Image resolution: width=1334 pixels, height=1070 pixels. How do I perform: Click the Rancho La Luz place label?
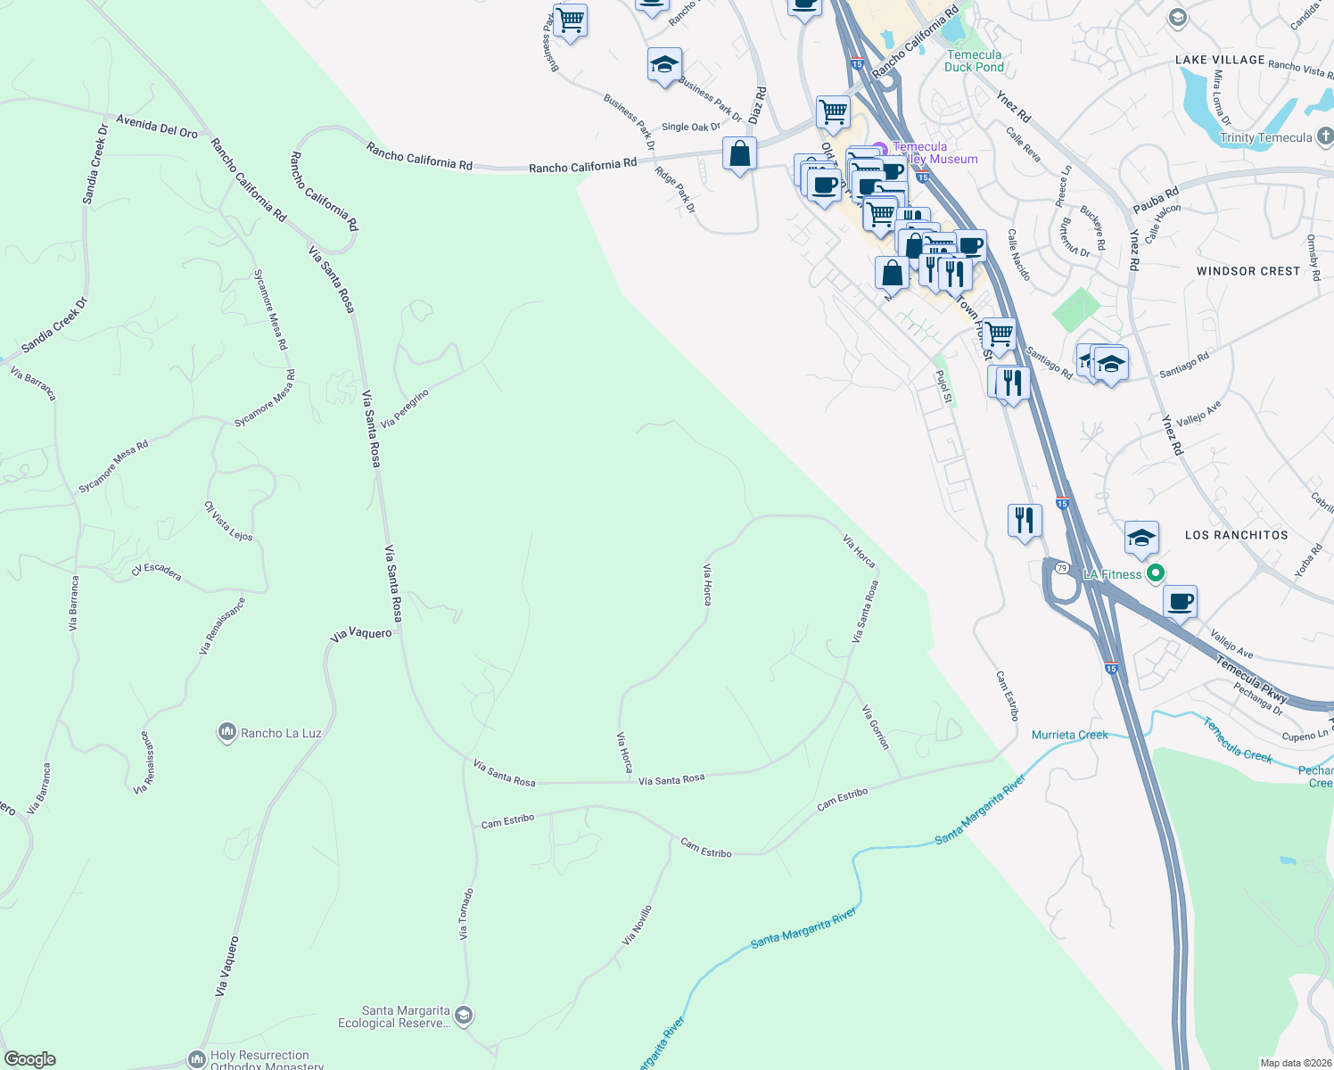pyautogui.click(x=280, y=733)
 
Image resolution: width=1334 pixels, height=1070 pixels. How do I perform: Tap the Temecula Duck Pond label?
pyautogui.click(x=974, y=61)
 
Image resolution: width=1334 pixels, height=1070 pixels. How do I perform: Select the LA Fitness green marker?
pyautogui.click(x=1156, y=573)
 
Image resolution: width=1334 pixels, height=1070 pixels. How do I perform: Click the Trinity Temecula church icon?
pyautogui.click(x=1324, y=136)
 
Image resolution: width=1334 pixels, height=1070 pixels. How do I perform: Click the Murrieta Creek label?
pyautogui.click(x=1069, y=735)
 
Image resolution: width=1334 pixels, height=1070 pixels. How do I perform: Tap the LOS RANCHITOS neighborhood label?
pyautogui.click(x=1236, y=535)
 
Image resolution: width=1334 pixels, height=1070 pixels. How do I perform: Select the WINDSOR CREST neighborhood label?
pyautogui.click(x=1248, y=271)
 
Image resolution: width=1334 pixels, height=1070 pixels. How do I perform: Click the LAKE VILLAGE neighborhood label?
pyautogui.click(x=1220, y=60)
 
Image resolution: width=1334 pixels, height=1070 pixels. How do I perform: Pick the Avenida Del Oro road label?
pyautogui.click(x=157, y=127)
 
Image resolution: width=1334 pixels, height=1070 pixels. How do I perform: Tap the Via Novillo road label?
pyautogui.click(x=637, y=925)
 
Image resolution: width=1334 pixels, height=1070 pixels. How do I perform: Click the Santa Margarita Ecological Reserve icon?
pyautogui.click(x=463, y=1015)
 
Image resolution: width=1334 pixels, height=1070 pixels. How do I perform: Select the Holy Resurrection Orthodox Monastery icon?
pyautogui.click(x=196, y=1058)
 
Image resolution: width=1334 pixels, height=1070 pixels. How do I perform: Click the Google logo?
pyautogui.click(x=30, y=1059)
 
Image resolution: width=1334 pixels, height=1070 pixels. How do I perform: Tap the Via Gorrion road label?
pyautogui.click(x=875, y=727)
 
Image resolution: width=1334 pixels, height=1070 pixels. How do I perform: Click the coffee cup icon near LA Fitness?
pyautogui.click(x=1180, y=602)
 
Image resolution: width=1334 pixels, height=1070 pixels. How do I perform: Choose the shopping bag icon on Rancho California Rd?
pyautogui.click(x=739, y=154)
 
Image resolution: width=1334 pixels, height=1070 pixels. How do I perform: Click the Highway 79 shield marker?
pyautogui.click(x=1061, y=568)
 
